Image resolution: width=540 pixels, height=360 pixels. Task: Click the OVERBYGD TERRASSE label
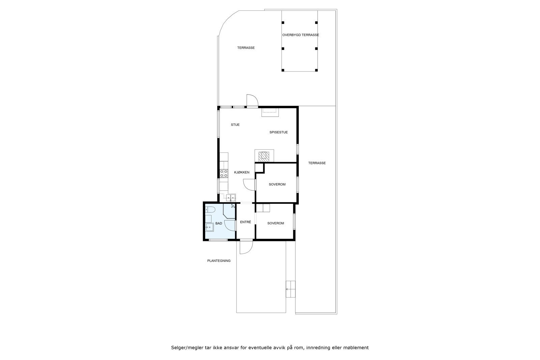(300, 35)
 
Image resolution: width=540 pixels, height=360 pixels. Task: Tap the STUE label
(235, 125)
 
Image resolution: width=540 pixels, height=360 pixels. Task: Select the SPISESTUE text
(278, 132)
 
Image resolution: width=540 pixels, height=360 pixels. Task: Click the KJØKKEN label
(242, 172)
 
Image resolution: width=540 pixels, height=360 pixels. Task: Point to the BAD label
(219, 223)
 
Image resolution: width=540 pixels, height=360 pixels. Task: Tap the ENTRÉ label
(245, 222)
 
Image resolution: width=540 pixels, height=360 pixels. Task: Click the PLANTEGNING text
(219, 261)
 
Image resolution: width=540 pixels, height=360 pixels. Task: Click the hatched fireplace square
(264, 156)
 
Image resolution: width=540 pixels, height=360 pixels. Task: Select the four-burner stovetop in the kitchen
(223, 173)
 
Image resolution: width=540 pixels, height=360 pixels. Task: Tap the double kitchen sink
(231, 198)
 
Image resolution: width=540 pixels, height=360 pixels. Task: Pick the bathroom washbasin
(209, 227)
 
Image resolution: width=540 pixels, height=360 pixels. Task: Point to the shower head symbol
(233, 206)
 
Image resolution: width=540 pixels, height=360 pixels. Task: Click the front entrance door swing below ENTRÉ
(246, 248)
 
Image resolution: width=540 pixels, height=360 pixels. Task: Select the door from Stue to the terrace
(252, 100)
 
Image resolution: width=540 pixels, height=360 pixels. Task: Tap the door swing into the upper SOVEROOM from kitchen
(249, 184)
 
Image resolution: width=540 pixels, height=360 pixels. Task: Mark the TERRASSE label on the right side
(317, 163)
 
